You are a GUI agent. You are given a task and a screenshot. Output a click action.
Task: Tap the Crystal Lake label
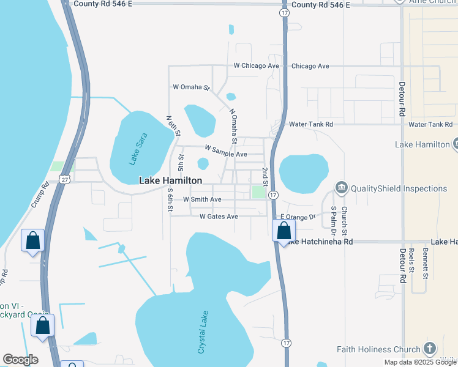click(x=203, y=333)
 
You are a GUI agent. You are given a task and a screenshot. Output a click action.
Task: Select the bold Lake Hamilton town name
click(x=171, y=180)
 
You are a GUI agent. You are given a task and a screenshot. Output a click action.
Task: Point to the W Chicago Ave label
click(x=257, y=66)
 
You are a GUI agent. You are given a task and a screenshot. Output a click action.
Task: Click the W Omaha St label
click(x=191, y=87)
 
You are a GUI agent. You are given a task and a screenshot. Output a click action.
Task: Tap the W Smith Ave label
click(x=202, y=199)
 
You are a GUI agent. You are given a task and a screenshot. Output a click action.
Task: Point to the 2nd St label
click(x=265, y=176)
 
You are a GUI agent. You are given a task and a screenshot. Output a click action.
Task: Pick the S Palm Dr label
click(x=334, y=221)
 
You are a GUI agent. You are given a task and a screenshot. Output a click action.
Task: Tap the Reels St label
click(x=412, y=259)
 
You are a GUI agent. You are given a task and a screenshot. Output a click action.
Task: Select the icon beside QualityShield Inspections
click(x=341, y=188)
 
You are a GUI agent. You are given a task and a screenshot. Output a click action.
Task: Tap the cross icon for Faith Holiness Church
click(x=429, y=350)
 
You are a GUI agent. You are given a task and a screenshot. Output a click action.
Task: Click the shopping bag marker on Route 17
click(x=283, y=231)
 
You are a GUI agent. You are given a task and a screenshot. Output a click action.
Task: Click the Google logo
click(x=20, y=360)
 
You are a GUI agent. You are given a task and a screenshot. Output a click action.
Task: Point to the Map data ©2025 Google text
click(x=419, y=362)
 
